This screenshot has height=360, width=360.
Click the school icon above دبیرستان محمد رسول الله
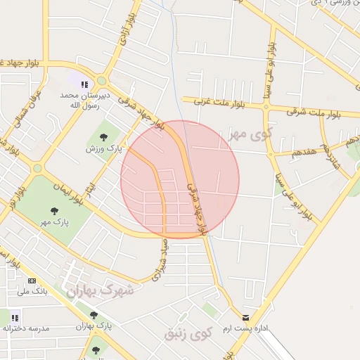[x=84, y=84]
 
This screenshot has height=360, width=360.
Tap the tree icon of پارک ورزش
[x=104, y=137]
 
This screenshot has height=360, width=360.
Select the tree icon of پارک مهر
[x=55, y=210]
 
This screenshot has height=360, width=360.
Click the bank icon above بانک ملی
[x=32, y=280]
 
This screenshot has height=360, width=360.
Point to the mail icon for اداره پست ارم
[x=245, y=317]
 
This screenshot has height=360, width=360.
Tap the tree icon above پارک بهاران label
[x=94, y=314]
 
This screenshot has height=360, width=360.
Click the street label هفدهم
[x=295, y=152]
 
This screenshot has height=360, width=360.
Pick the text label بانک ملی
[x=32, y=290]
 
